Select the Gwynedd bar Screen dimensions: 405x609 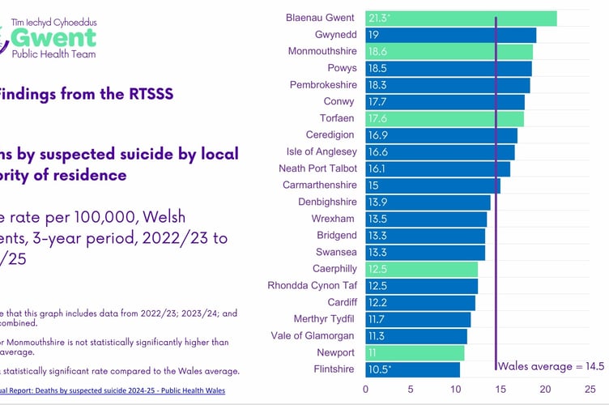coord(449,35)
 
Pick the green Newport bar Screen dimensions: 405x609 coord(414,352)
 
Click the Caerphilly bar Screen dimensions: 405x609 coord(421,269)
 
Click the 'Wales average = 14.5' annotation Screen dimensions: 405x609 coord(552,367)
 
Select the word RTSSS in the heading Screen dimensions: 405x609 coord(145,94)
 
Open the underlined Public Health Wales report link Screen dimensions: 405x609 coord(113,388)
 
